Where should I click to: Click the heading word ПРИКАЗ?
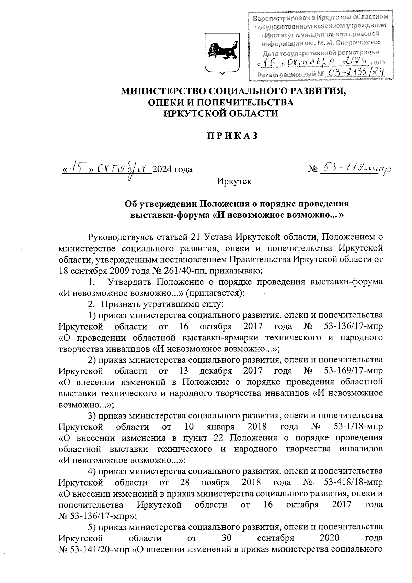[x=232, y=136]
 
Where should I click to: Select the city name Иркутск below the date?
[x=234, y=181]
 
